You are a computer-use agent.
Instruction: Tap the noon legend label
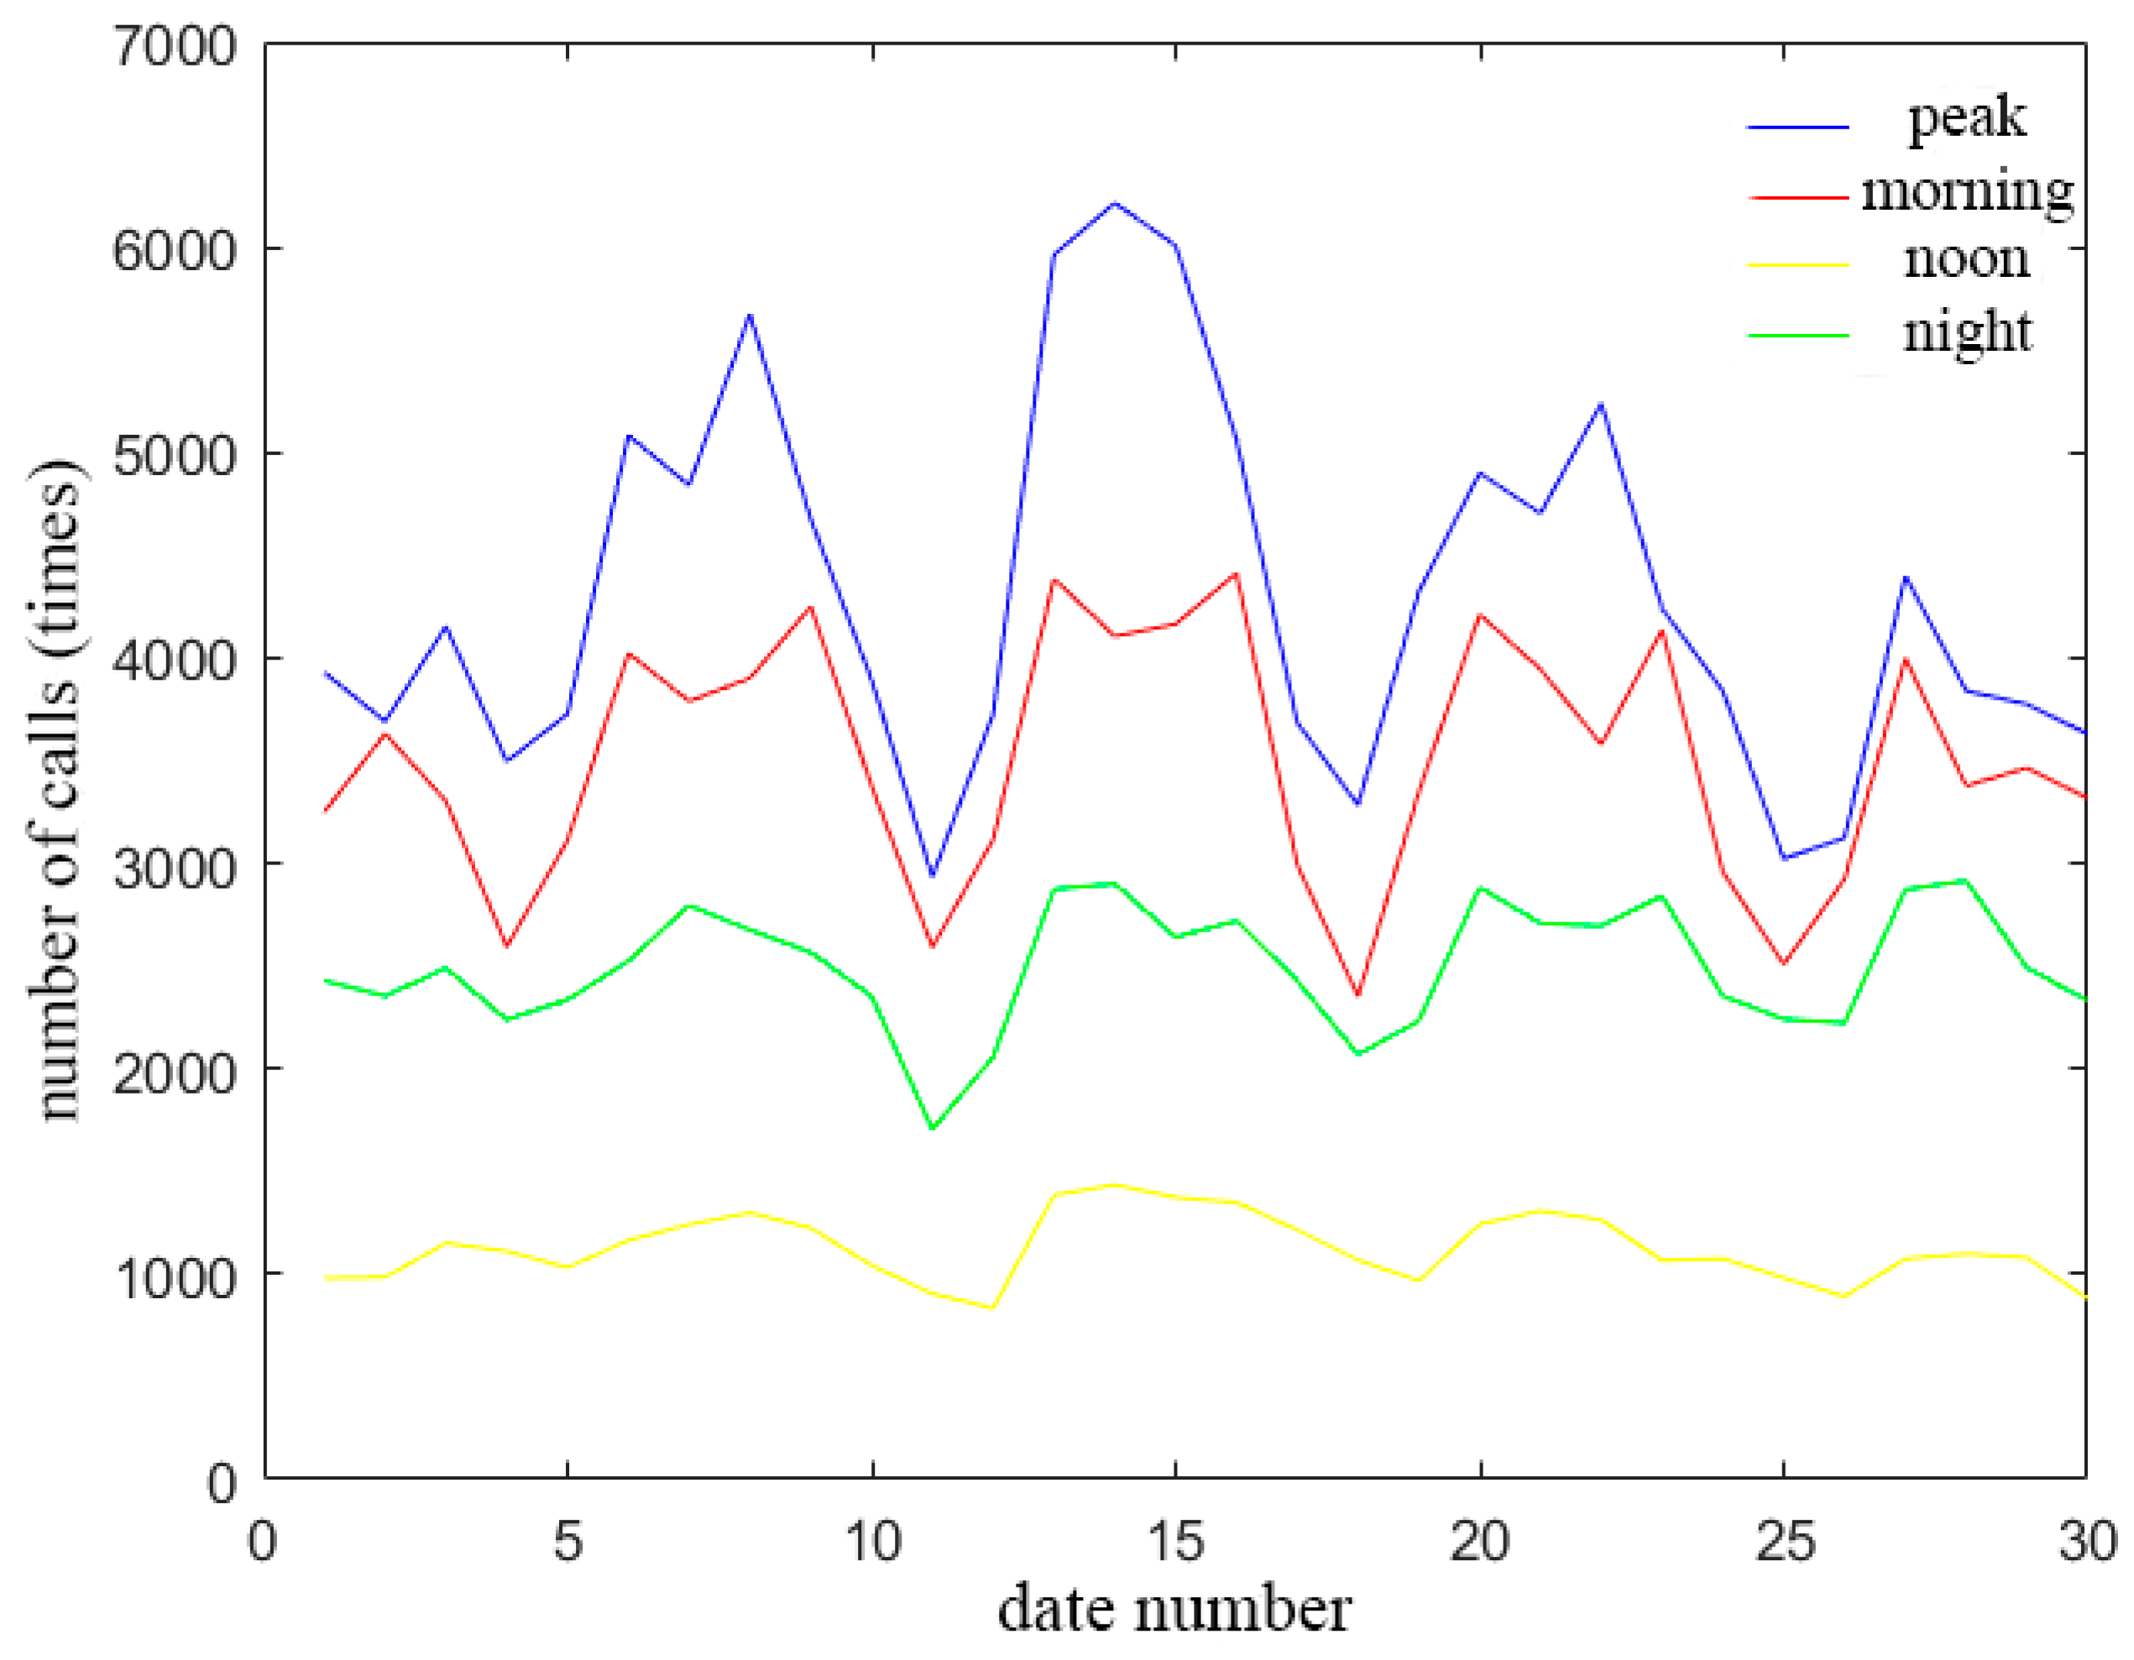click(x=1967, y=260)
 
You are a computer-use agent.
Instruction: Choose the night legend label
click(x=1967, y=333)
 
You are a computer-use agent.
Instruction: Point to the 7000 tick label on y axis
click(x=175, y=45)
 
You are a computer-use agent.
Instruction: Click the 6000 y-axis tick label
click(x=175, y=250)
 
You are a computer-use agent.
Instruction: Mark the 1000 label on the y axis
click(x=175, y=1276)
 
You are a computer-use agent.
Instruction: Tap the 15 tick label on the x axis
click(x=1174, y=1541)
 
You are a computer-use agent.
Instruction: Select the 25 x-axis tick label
click(x=1784, y=1541)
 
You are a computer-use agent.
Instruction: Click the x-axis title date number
click(x=1174, y=1609)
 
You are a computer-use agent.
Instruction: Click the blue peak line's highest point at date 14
click(x=1114, y=203)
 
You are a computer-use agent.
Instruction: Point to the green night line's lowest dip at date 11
click(x=932, y=1129)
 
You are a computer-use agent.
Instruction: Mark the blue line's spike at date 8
click(x=750, y=315)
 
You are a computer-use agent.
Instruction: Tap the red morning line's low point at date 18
click(x=1357, y=995)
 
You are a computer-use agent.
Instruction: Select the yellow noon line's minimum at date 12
click(x=993, y=1308)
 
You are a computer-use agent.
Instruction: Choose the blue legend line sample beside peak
click(x=1798, y=127)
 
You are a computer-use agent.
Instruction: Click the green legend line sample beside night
click(x=1798, y=335)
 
